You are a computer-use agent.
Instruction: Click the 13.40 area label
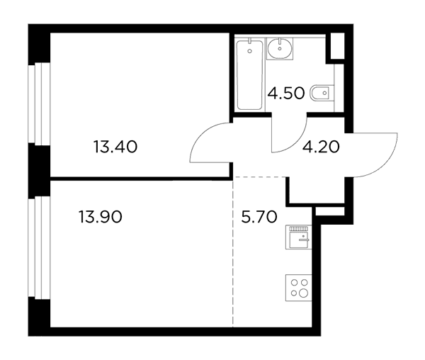(x=115, y=147)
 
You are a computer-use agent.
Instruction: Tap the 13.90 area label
(x=101, y=217)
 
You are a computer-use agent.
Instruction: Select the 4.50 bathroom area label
(x=286, y=94)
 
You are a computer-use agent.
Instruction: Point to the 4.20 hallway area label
(x=321, y=147)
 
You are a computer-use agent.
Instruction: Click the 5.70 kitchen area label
(x=259, y=217)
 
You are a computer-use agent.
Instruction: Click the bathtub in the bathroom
(x=249, y=75)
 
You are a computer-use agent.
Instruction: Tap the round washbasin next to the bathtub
(x=280, y=48)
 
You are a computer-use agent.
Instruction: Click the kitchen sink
(x=299, y=237)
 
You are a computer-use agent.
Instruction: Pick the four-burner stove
(x=299, y=288)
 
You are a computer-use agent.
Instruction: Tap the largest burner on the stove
(x=304, y=293)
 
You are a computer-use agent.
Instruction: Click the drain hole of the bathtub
(x=249, y=51)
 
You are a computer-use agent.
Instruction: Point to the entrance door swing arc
(x=388, y=163)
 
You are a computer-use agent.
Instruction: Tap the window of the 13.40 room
(x=39, y=103)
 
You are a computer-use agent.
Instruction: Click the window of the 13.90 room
(x=39, y=247)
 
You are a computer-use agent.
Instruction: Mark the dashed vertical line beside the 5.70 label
(x=233, y=252)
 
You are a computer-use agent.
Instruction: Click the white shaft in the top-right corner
(x=338, y=46)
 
